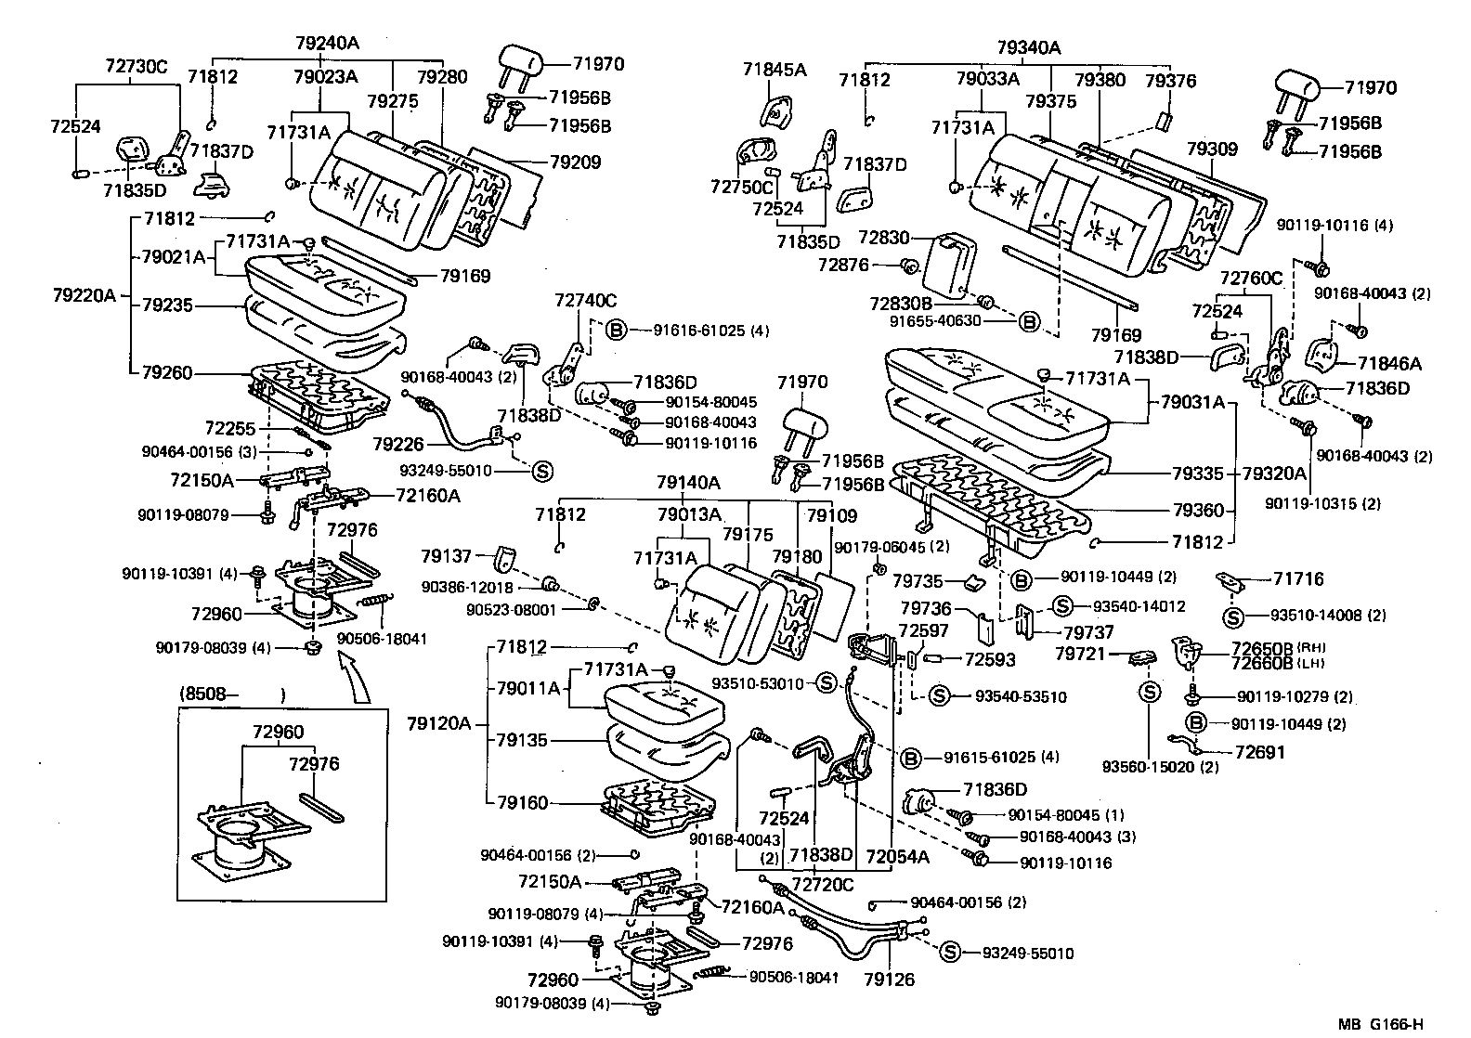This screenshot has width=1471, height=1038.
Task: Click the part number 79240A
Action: point(327,43)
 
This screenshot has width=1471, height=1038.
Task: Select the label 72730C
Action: point(136,66)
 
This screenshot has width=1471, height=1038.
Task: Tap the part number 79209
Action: point(575,162)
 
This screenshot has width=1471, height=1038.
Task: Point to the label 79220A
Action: point(84,296)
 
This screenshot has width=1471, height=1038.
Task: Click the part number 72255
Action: point(228,428)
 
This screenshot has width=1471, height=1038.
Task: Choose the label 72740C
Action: point(585,301)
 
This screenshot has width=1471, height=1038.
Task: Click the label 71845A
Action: point(775,69)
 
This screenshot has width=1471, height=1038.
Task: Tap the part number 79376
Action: point(1170,82)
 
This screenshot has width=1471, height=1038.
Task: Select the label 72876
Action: point(843,266)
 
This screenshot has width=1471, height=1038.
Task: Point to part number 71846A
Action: point(1389,363)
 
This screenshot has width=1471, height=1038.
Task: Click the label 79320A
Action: point(1274,474)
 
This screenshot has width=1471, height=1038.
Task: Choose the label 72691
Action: point(1258,752)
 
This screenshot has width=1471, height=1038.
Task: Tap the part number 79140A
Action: point(688,483)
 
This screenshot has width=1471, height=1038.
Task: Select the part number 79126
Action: point(889,979)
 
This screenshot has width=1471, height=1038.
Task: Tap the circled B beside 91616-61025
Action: point(618,330)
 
